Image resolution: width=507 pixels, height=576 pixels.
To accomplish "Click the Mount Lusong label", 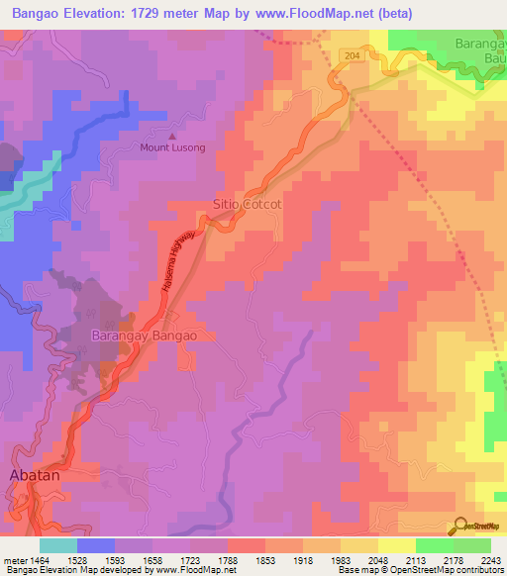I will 171,148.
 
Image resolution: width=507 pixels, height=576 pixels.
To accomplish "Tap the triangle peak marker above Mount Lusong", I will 172,137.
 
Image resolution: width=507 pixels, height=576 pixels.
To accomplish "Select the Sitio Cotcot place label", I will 248,204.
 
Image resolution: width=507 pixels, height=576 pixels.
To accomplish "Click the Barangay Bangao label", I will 145,336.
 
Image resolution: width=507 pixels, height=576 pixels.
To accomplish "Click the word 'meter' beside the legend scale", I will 13,560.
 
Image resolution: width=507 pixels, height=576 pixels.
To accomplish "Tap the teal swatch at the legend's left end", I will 58,545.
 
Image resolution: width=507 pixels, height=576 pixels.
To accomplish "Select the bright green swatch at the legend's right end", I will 472,545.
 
